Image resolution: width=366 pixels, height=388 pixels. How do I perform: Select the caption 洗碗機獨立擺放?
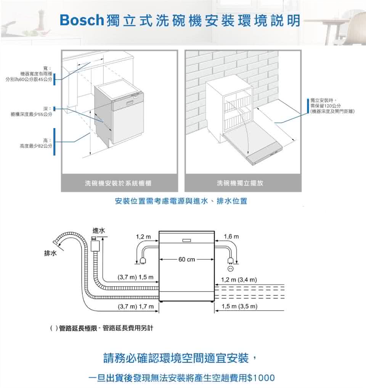240,183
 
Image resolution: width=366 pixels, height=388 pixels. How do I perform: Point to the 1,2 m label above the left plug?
143,237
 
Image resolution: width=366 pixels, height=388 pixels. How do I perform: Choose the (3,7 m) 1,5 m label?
136,276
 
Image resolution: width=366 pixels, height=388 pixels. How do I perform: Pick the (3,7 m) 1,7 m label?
136,306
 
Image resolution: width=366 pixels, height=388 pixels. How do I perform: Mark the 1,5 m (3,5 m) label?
239,306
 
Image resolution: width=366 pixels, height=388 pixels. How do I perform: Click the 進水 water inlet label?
99,231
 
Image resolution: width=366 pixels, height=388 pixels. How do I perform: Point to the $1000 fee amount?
261,378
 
